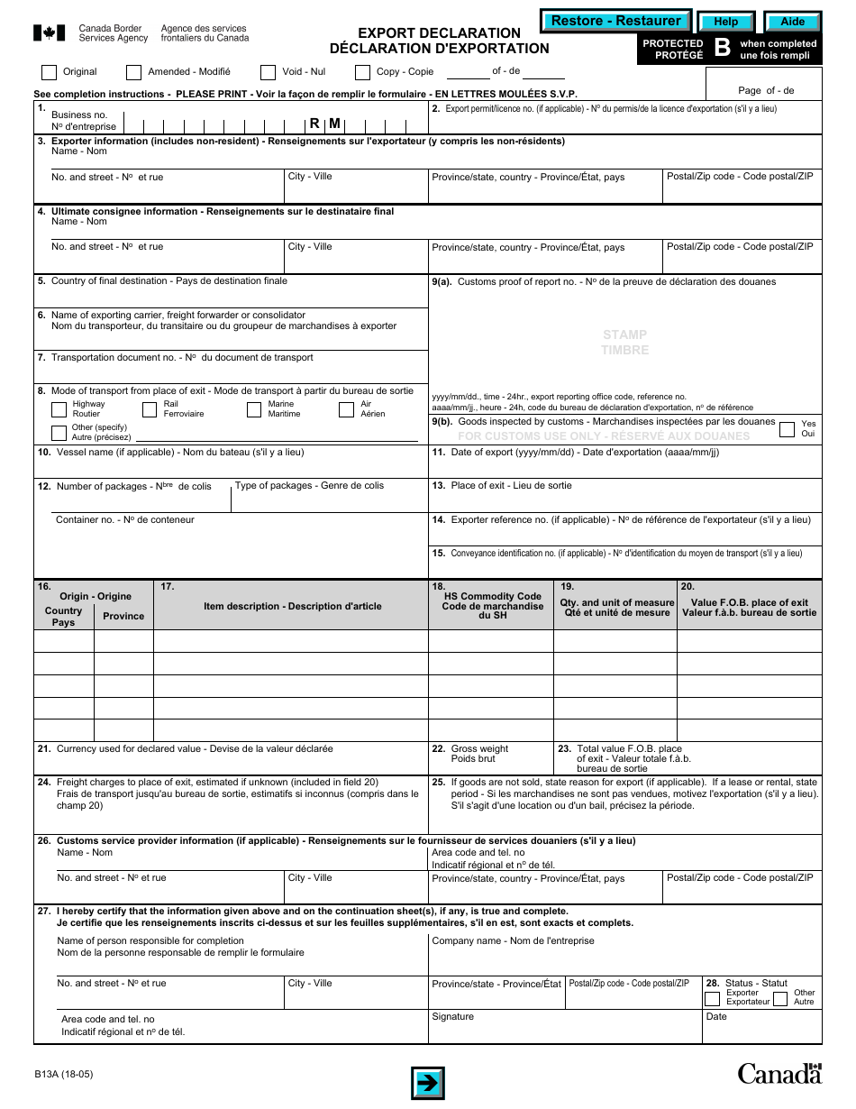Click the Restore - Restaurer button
615,21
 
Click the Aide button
792,22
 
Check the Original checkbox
50,72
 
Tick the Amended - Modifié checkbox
133,72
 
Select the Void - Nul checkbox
268,72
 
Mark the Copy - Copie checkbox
362,72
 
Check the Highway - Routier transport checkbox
59,410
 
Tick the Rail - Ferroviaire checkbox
149,410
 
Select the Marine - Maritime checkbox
254,410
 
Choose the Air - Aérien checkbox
346,410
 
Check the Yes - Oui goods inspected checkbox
786,428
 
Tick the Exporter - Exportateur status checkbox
712,998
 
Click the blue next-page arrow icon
428,1082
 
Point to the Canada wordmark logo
779,1072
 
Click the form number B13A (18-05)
63,1074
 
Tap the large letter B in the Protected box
722,49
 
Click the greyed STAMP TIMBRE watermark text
624,343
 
